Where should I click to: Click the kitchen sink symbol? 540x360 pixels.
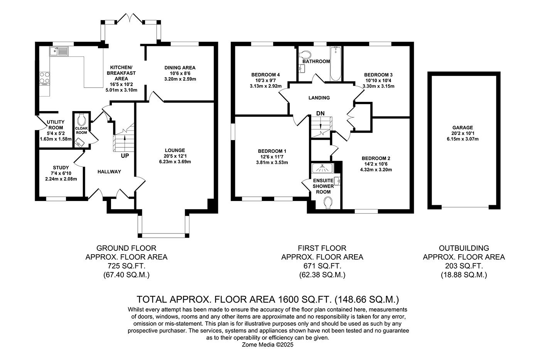[58, 51]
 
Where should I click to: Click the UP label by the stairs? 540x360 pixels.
[125, 156]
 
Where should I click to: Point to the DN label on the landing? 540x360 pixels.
[320, 113]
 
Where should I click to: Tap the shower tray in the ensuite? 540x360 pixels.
[322, 168]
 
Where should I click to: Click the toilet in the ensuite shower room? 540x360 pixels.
[328, 202]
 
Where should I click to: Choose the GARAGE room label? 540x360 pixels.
[463, 128]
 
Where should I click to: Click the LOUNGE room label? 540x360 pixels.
[175, 150]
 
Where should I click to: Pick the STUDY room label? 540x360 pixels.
[61, 168]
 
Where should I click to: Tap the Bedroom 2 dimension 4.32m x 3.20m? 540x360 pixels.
[376, 169]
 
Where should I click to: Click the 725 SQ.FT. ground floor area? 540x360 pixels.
[126, 266]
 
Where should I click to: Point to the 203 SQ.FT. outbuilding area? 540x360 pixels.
[464, 266]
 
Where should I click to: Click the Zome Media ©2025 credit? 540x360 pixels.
[268, 345]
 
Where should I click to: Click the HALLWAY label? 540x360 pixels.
[109, 172]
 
